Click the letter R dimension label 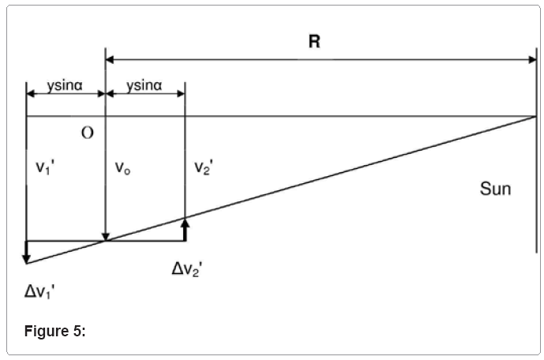314,42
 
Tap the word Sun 496,189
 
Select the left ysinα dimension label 66,84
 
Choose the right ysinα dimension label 144,84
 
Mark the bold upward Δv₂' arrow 185,229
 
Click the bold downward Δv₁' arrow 26,252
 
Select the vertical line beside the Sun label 537,182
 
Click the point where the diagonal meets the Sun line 537,115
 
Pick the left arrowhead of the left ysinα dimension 31,93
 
